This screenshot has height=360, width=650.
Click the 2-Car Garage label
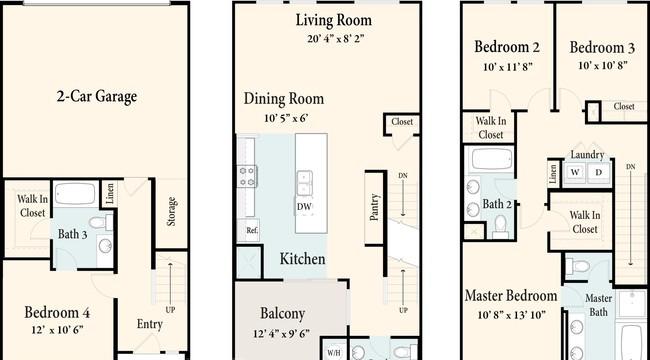pyautogui.click(x=97, y=97)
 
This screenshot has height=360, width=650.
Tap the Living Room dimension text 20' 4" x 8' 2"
pyautogui.click(x=335, y=39)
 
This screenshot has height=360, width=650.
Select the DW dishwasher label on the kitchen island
pyautogui.click(x=305, y=207)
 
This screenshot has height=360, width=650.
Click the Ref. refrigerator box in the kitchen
pyautogui.click(x=248, y=230)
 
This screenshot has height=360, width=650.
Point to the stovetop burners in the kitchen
pyautogui.click(x=247, y=176)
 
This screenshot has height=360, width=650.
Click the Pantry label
pyautogui.click(x=374, y=207)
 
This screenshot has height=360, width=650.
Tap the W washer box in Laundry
pyautogui.click(x=575, y=172)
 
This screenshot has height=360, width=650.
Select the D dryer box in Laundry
pyautogui.click(x=599, y=172)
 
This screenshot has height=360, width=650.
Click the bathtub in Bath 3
pyautogui.click(x=75, y=194)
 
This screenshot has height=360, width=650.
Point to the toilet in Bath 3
pyautogui.click(x=101, y=223)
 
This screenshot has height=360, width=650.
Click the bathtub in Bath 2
pyautogui.click(x=492, y=159)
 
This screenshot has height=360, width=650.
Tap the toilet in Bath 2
pyautogui.click(x=501, y=226)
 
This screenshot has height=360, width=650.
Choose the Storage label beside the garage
pyautogui.click(x=172, y=212)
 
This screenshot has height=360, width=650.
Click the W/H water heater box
pyautogui.click(x=334, y=353)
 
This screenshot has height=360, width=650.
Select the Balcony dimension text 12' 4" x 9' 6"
pyautogui.click(x=281, y=334)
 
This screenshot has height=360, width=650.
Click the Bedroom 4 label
pyautogui.click(x=57, y=312)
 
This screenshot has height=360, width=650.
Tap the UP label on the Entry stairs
pyautogui.click(x=170, y=310)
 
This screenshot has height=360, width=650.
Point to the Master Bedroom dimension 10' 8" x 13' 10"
pyautogui.click(x=511, y=315)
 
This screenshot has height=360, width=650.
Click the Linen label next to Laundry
pyautogui.click(x=553, y=172)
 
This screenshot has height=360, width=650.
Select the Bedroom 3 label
pyautogui.click(x=602, y=48)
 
